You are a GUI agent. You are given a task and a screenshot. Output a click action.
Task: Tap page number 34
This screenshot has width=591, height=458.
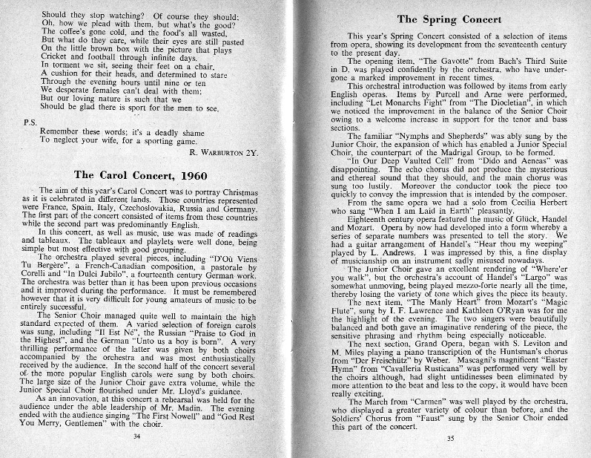pyautogui.click(x=136, y=436)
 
